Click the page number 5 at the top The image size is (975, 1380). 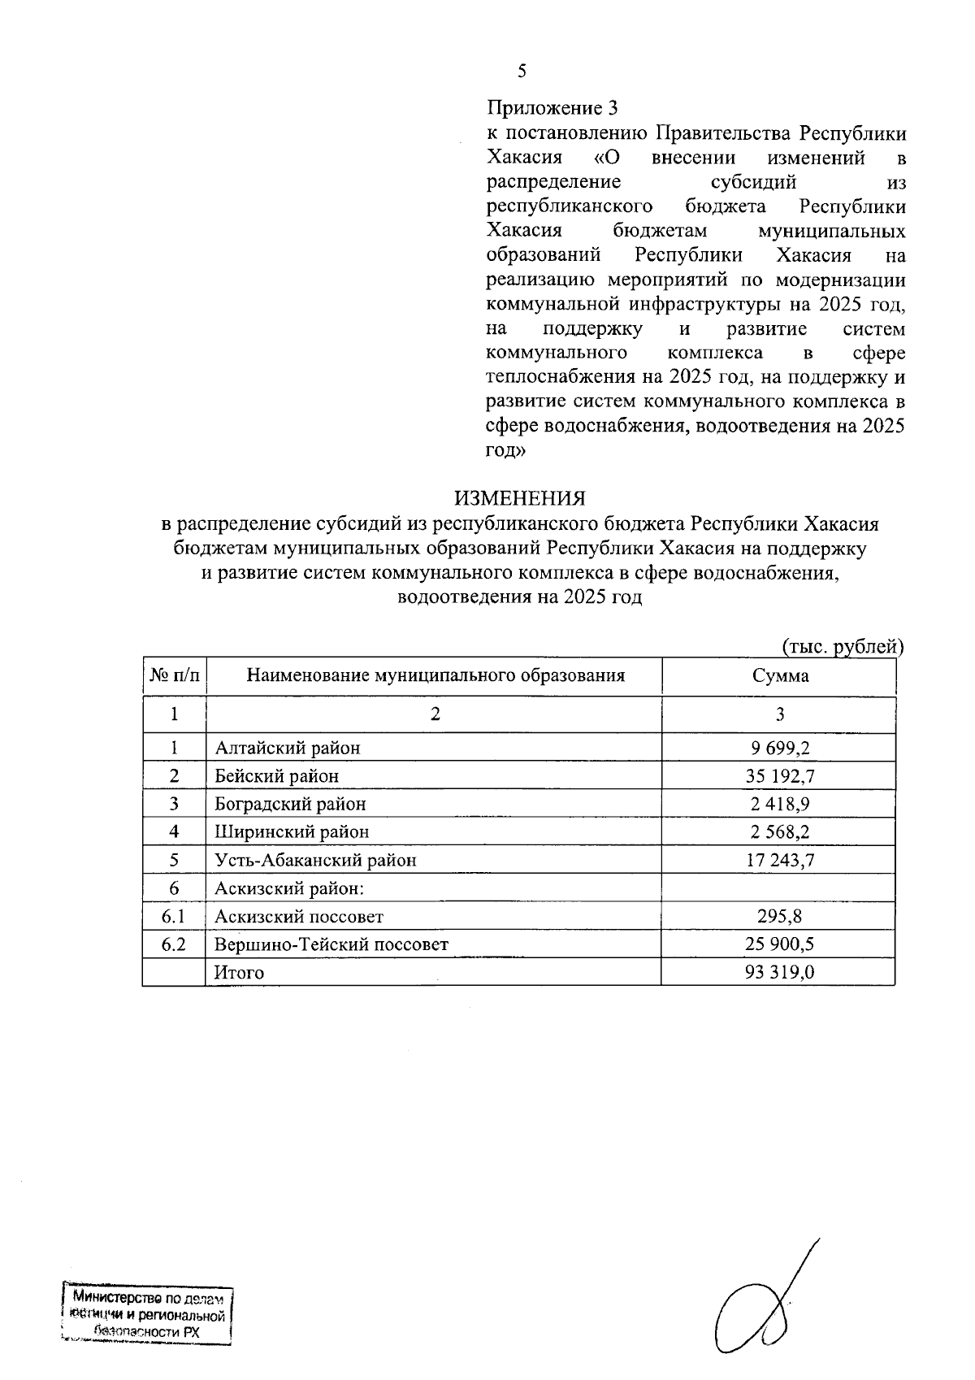click(x=522, y=72)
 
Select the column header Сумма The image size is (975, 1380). click(x=779, y=676)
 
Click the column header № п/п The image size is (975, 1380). click(x=174, y=676)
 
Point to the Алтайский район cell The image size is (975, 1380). click(x=287, y=748)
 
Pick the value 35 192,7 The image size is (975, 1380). click(x=779, y=776)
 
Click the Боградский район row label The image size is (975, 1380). click(x=290, y=804)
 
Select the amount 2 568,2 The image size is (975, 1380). click(x=779, y=832)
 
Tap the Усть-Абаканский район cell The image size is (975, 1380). click(x=315, y=860)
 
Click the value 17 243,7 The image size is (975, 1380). click(x=779, y=860)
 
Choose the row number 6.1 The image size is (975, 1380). click(x=174, y=917)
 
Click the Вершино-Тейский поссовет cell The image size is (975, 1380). click(x=331, y=944)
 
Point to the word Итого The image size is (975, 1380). click(x=239, y=973)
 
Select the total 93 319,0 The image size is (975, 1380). click(x=779, y=973)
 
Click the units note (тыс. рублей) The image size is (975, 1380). click(x=843, y=647)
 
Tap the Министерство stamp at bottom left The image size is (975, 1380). click(x=147, y=1315)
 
